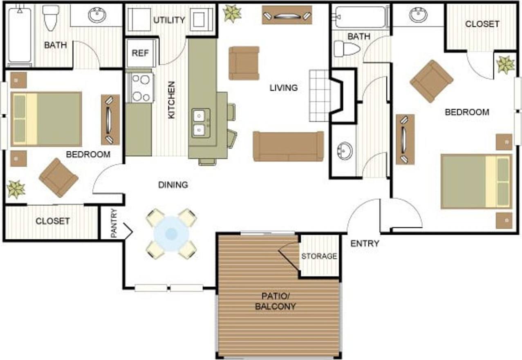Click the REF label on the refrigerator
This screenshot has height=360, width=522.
point(140,53)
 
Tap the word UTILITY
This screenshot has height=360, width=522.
point(169,20)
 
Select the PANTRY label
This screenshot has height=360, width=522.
point(114,224)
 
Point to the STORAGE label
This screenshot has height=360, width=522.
point(319,256)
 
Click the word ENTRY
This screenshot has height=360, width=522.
point(365,244)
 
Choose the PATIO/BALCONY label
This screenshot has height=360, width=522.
point(275,301)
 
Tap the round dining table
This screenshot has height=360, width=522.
point(171,234)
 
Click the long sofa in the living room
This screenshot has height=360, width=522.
point(288,146)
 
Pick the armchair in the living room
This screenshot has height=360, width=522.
point(244,63)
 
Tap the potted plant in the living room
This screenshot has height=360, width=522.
point(232,13)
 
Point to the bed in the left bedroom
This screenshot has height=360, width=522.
point(46,119)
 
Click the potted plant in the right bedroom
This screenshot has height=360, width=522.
point(505,65)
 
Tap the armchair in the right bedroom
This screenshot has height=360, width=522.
point(431,81)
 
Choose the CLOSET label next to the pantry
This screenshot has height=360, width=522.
point(52,221)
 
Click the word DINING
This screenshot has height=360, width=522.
point(173,185)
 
